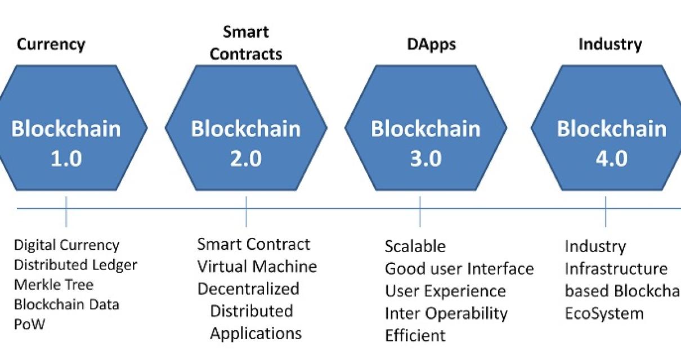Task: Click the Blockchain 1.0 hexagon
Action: [66, 128]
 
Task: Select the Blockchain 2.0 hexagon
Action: [246, 128]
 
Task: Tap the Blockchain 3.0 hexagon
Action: [425, 128]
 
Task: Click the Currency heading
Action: [51, 44]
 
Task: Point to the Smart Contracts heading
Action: [246, 43]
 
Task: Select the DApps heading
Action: [431, 44]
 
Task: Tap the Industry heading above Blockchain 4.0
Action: [610, 44]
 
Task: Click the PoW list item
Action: [29, 325]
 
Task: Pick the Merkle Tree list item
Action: [53, 285]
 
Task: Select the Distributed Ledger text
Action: [75, 265]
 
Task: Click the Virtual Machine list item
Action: [257, 266]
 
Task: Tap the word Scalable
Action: [415, 246]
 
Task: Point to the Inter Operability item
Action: [446, 313]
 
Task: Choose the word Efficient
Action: [415, 336]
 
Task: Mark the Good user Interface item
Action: [459, 269]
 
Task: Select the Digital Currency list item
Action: [66, 245]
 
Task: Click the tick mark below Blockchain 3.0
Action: [420, 211]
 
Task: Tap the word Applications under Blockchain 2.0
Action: [256, 333]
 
